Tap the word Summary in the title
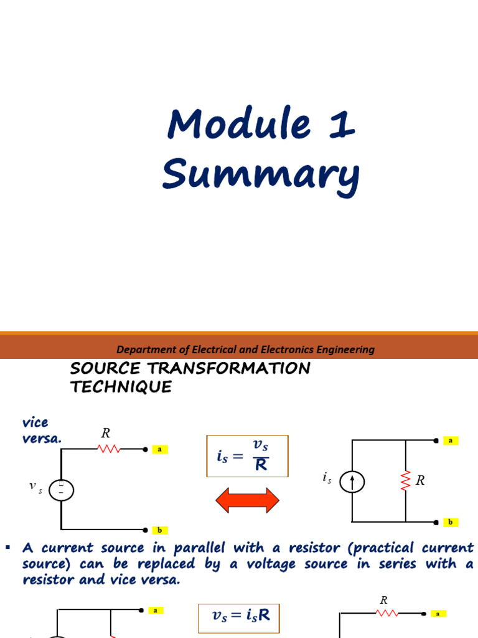(261, 175)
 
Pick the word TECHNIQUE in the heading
(121, 387)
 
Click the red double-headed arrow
(248, 500)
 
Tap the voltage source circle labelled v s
(61, 490)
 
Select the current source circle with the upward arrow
(353, 481)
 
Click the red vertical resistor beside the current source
(406, 480)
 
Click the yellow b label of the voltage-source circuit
(160, 530)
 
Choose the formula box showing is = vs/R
(248, 456)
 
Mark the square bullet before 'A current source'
(8, 548)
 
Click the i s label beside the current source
(327, 478)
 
